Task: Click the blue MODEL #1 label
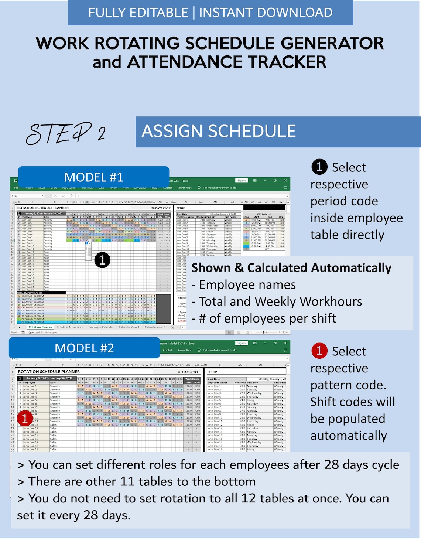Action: coord(93,177)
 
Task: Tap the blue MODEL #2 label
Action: coord(84,348)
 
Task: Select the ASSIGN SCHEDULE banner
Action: coord(219,132)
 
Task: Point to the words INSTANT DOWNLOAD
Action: coord(266,13)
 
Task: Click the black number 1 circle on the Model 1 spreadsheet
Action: coord(102,260)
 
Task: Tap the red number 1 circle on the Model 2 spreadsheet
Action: coord(25,419)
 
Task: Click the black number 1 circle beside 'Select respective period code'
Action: coord(319,167)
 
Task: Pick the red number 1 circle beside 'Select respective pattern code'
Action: coord(319,351)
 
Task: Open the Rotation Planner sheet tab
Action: coord(40,327)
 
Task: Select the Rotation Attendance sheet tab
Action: coord(70,327)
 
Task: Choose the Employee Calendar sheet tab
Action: coord(101,327)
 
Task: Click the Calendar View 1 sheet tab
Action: coord(129,327)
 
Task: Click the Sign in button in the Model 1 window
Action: coord(242,181)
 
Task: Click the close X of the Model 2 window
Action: coord(285,343)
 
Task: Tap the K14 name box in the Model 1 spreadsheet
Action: coord(22,196)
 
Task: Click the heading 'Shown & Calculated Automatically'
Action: coord(291,267)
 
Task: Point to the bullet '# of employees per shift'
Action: coord(264,318)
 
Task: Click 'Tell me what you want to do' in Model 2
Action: coord(219,350)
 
